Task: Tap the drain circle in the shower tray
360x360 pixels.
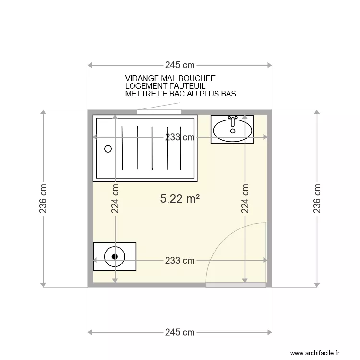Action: tap(108, 149)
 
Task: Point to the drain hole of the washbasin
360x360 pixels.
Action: tap(233, 131)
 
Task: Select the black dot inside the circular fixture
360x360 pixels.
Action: tap(115, 257)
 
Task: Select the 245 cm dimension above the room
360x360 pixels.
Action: tap(180, 65)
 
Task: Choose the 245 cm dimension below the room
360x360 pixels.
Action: tap(180, 332)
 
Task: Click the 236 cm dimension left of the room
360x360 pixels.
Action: tap(43, 199)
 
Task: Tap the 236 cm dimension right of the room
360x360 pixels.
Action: tap(317, 199)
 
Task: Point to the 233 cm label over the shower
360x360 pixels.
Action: tap(180, 137)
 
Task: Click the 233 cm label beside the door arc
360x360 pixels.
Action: tap(180, 260)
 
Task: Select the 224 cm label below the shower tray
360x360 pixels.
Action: tap(115, 199)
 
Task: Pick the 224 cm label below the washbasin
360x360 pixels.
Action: tap(245, 199)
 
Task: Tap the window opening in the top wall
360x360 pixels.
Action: tap(159, 112)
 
